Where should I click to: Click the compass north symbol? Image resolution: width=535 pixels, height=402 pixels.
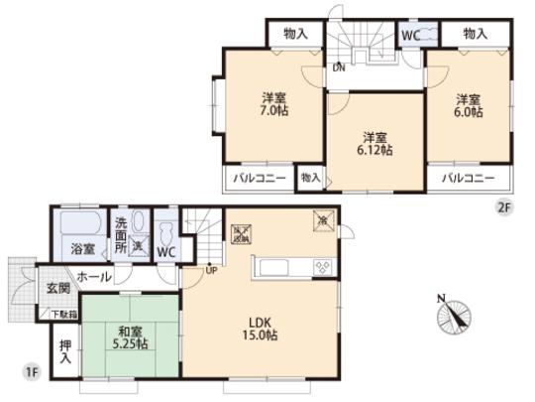click(x=450, y=315)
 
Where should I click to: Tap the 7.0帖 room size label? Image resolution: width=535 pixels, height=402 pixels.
click(x=274, y=106)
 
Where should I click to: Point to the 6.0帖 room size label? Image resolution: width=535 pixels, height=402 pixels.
click(x=469, y=106)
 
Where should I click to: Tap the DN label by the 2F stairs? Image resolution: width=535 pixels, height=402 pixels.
click(x=339, y=67)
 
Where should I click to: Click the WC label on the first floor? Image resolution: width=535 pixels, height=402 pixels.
click(x=167, y=253)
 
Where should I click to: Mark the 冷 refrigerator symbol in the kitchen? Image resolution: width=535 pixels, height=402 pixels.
click(x=323, y=218)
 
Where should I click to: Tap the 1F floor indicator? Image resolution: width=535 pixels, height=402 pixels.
click(x=31, y=372)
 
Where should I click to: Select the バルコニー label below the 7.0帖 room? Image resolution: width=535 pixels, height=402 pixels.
click(x=259, y=179)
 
